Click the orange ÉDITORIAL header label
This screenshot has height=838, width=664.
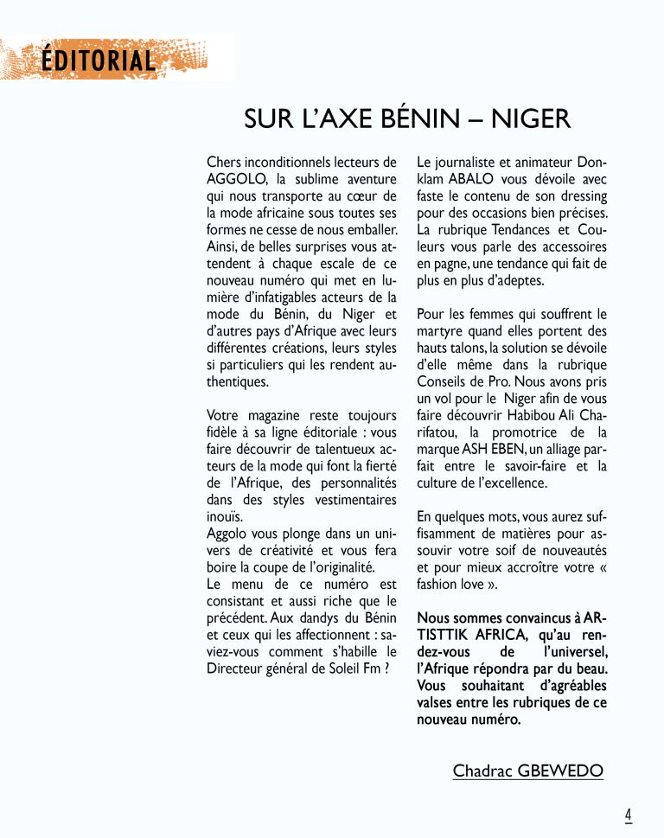click(x=98, y=61)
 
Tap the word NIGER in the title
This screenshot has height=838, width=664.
click(x=531, y=119)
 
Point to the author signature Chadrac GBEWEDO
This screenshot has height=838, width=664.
click(x=527, y=771)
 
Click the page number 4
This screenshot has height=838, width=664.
click(x=629, y=815)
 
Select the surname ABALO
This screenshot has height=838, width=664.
click(x=471, y=179)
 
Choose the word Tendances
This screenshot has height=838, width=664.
click(x=516, y=229)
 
